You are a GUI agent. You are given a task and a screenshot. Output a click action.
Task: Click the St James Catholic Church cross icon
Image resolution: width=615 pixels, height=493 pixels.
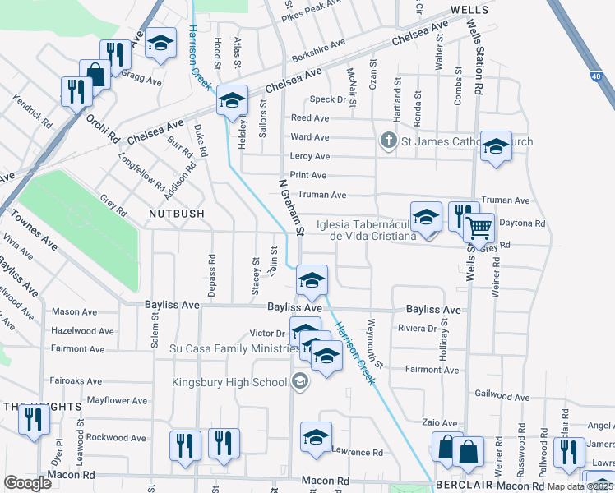click(x=389, y=141)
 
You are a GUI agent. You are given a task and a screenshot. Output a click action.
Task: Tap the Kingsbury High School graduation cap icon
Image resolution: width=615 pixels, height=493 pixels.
click(x=299, y=381)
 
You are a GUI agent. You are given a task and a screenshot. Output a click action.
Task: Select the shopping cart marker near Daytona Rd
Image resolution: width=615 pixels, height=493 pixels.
click(x=479, y=228)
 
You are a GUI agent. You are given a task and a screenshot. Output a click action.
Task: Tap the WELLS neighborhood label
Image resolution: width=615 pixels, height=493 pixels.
click(x=469, y=10)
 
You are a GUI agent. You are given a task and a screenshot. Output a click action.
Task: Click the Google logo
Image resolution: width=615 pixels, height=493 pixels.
click(x=27, y=483)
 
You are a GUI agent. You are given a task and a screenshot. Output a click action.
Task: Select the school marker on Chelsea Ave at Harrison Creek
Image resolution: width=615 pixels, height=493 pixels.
click(x=233, y=102)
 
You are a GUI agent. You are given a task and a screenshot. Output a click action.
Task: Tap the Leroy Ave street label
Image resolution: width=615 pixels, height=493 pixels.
click(x=310, y=156)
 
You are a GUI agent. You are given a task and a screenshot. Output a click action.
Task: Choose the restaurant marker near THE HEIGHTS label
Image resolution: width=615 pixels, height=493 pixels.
click(x=35, y=420)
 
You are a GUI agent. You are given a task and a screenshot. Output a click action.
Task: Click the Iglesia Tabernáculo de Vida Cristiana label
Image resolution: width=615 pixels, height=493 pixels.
click(x=372, y=229)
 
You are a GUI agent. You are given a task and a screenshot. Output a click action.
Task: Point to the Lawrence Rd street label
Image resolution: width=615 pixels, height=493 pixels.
click(x=357, y=452)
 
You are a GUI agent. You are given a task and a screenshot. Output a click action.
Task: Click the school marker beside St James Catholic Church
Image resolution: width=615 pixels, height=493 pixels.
click(x=496, y=147)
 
